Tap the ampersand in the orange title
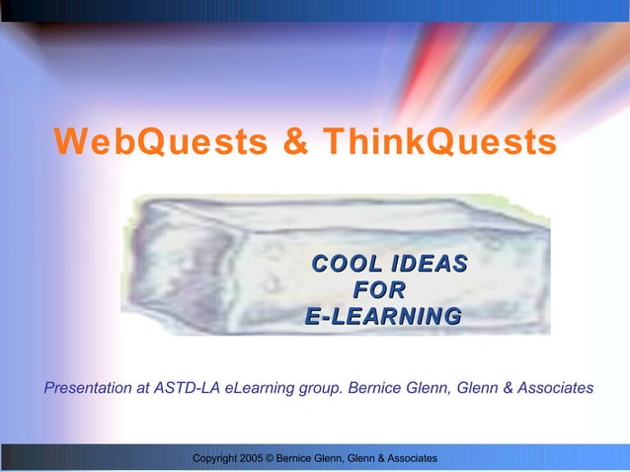(x=295, y=142)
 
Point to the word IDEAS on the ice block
(x=428, y=265)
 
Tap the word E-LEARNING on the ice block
(x=383, y=318)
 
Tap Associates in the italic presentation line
(x=556, y=388)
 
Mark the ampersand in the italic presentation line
(x=509, y=388)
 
